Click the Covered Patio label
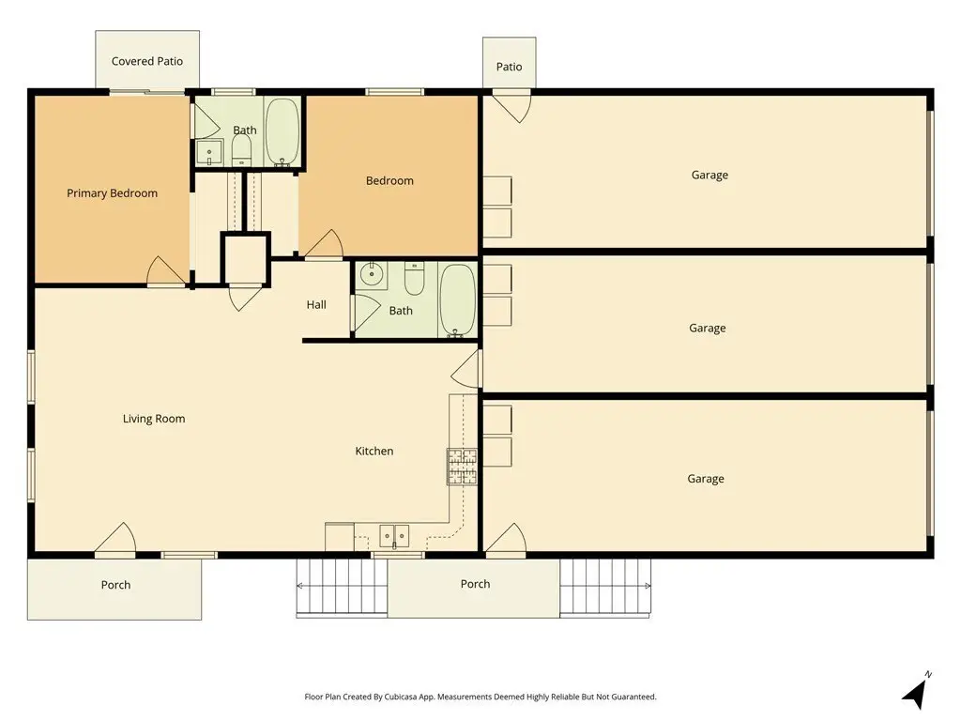(147, 61)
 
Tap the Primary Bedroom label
(113, 193)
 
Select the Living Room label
(154, 419)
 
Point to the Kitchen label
(374, 452)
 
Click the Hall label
(316, 305)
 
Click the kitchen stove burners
(462, 467)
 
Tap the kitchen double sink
(394, 535)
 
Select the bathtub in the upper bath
(282, 131)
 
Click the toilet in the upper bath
(241, 150)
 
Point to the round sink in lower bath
(372, 275)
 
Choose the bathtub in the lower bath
(457, 300)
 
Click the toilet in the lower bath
(414, 278)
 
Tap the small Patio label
(510, 67)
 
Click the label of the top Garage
(709, 176)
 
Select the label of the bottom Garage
(706, 479)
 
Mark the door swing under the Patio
(512, 106)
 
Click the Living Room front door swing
(115, 538)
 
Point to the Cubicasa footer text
(480, 698)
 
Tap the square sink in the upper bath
(209, 153)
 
